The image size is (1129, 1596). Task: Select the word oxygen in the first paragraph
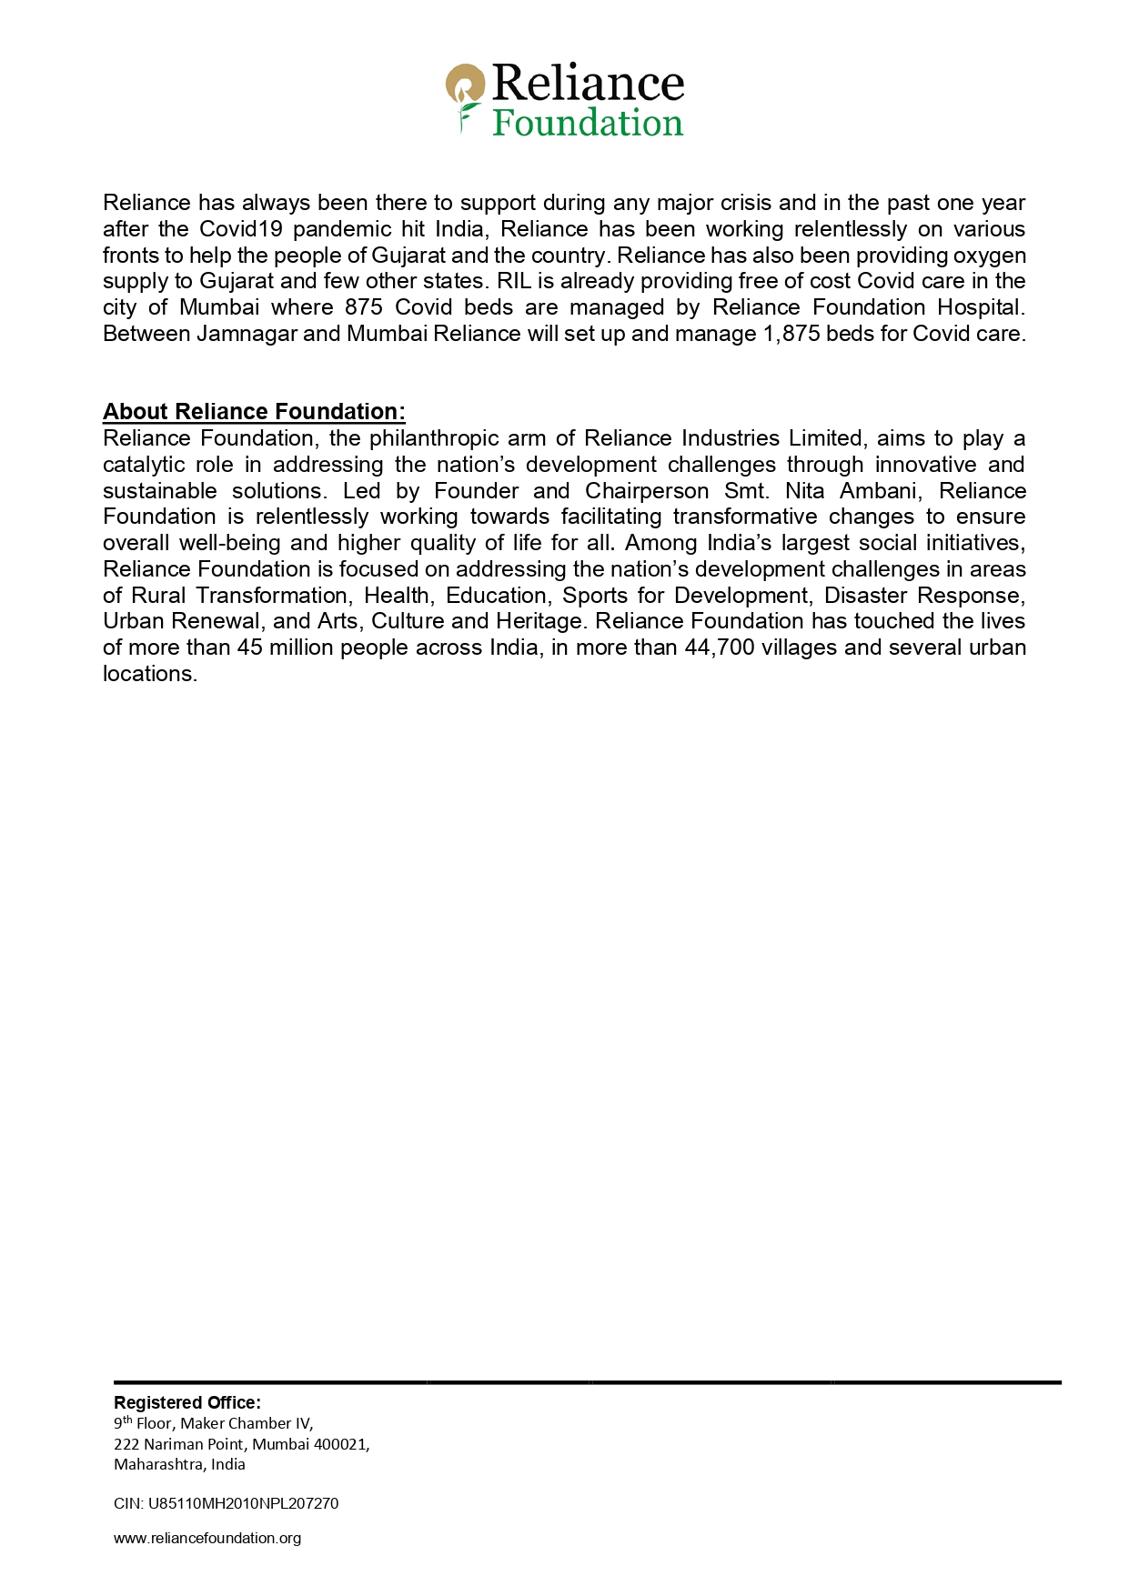pyautogui.click(x=990, y=256)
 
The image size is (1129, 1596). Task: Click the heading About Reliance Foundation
pyautogui.click(x=254, y=412)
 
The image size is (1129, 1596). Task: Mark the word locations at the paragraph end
pyautogui.click(x=149, y=674)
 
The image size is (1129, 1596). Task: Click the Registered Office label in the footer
pyautogui.click(x=186, y=1402)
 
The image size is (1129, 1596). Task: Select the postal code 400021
pyautogui.click(x=339, y=1444)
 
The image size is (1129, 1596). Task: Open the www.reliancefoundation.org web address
pyautogui.click(x=207, y=1538)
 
